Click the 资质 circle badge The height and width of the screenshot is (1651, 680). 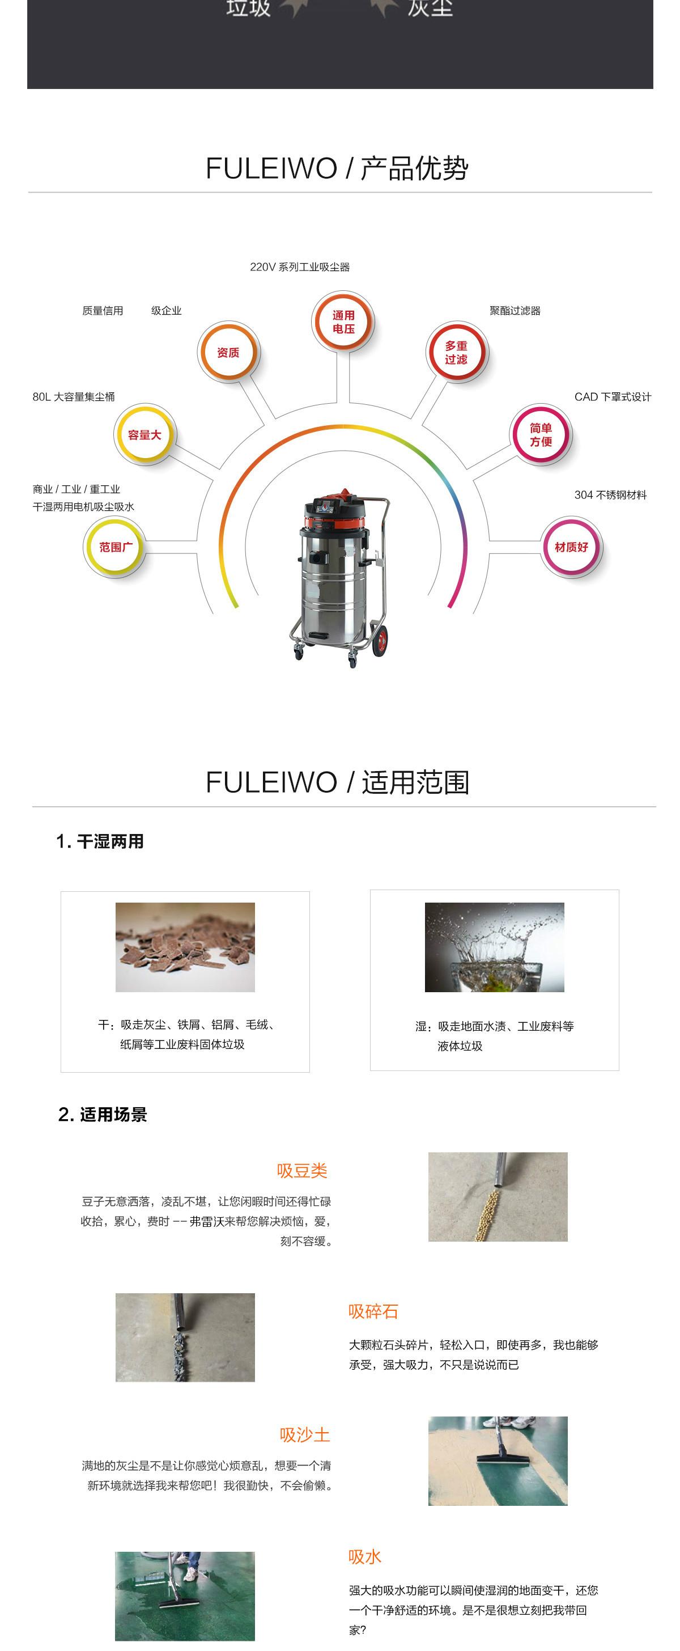tap(228, 353)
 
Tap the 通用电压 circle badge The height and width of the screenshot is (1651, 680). tap(343, 321)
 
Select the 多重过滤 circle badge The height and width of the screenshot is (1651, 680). tap(457, 353)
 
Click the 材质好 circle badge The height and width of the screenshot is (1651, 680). tap(571, 547)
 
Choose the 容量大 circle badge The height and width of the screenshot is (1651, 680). tap(144, 434)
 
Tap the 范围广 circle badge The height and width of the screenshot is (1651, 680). tap(115, 547)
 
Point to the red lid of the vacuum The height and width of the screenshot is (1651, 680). tap(337, 502)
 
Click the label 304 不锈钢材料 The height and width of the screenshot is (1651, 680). tap(610, 495)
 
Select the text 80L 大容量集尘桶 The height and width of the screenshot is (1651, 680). tap(74, 397)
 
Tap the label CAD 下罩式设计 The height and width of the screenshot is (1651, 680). tap(612, 397)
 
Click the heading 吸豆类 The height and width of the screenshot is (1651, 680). tap(302, 1171)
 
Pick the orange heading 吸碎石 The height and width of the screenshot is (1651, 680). tap(373, 1311)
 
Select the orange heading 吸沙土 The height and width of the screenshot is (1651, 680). tap(305, 1434)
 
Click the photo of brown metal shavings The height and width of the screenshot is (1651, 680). tap(185, 947)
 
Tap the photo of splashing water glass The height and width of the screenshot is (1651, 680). tap(494, 947)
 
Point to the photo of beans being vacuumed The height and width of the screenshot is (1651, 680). tap(498, 1197)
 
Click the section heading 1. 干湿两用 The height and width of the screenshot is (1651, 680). tap(100, 841)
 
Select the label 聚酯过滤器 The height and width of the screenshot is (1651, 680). tap(515, 311)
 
